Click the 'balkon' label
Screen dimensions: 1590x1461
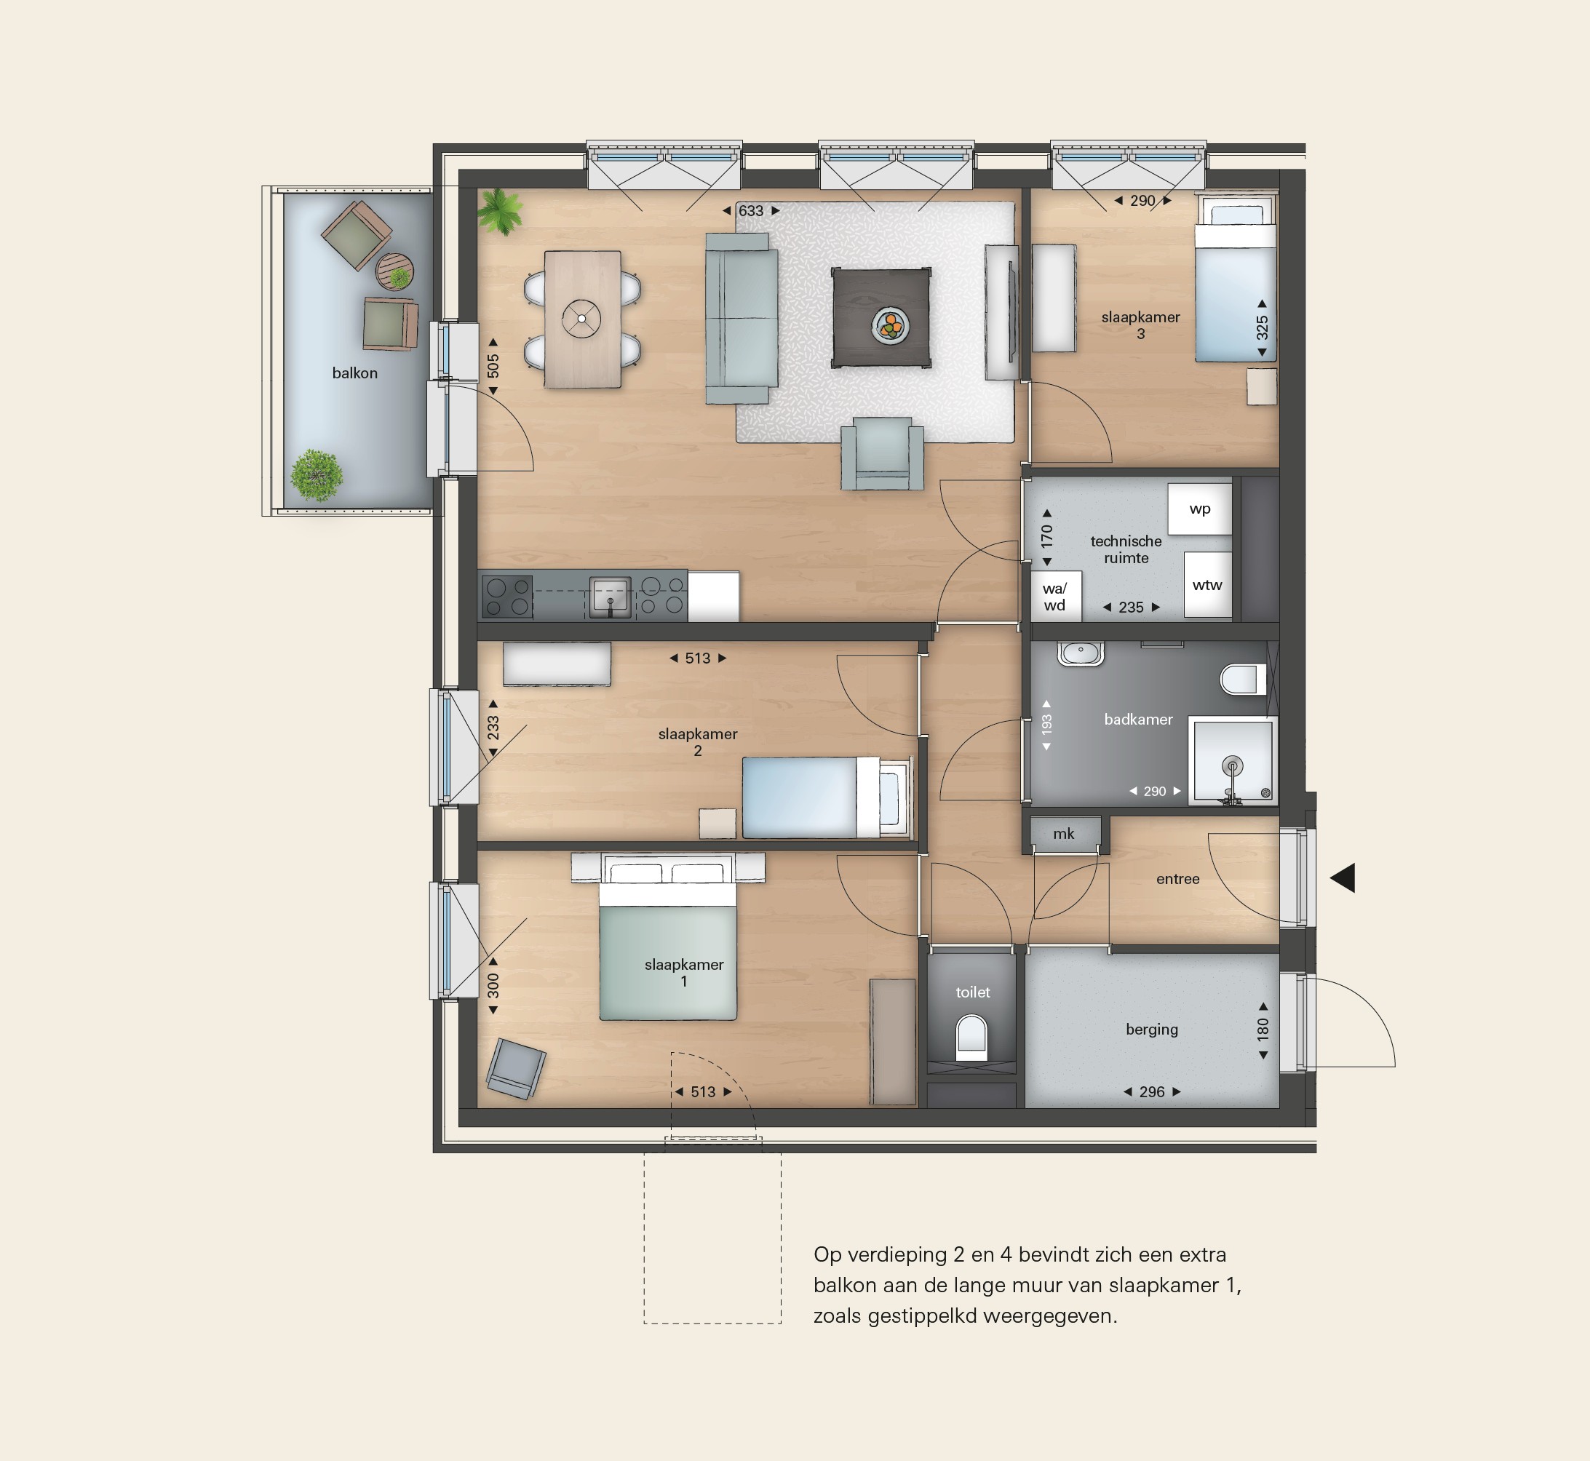click(x=354, y=373)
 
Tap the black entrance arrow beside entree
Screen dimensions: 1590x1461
click(x=1343, y=877)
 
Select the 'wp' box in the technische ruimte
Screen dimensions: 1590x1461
click(x=1199, y=509)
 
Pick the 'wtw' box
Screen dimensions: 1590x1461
click(x=1207, y=585)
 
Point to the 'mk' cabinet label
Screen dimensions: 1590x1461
click(x=1063, y=833)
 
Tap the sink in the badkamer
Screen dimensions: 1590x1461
click(x=1081, y=653)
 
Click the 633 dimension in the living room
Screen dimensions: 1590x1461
click(x=751, y=211)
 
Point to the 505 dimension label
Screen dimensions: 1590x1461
click(x=493, y=366)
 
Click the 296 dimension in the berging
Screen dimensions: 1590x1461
click(x=1152, y=1092)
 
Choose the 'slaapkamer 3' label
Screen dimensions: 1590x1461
click(x=1140, y=325)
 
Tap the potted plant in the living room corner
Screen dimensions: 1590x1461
click(x=501, y=211)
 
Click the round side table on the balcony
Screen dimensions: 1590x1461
click(x=394, y=272)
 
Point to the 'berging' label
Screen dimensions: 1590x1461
click(x=1152, y=1030)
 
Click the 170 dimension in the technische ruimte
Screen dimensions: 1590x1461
click(x=1047, y=538)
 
